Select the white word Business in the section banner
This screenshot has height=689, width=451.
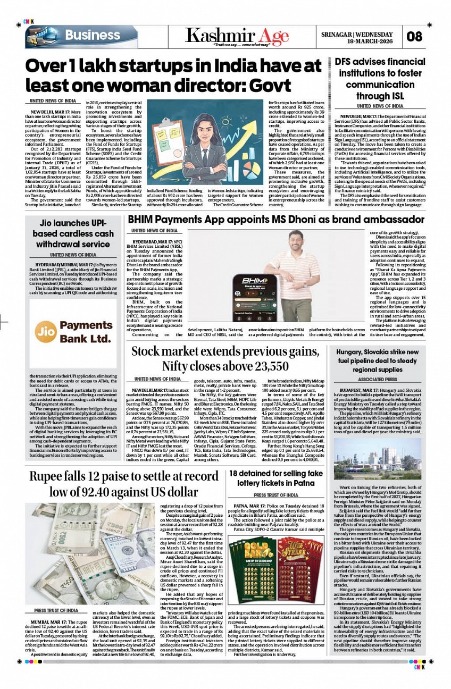click(93, 36)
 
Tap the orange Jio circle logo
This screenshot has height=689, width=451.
click(45, 331)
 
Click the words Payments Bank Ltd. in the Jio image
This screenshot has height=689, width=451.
click(85, 331)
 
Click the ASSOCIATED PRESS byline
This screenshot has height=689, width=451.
click(378, 380)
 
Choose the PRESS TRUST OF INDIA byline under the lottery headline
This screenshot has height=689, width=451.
click(275, 495)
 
